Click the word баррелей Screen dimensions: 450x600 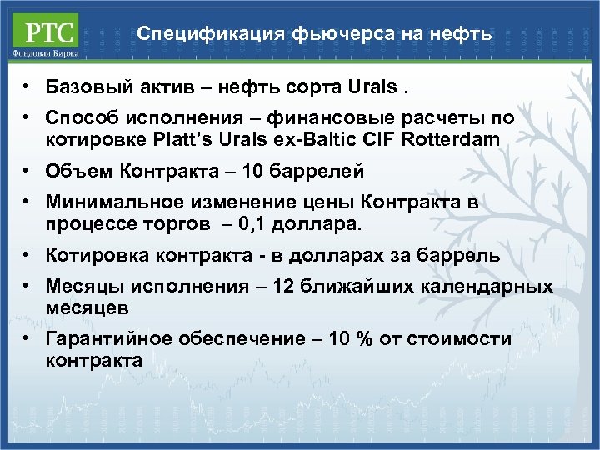tap(321, 172)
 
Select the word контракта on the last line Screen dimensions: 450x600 tap(94, 360)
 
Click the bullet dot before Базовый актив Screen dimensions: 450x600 tap(27, 87)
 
